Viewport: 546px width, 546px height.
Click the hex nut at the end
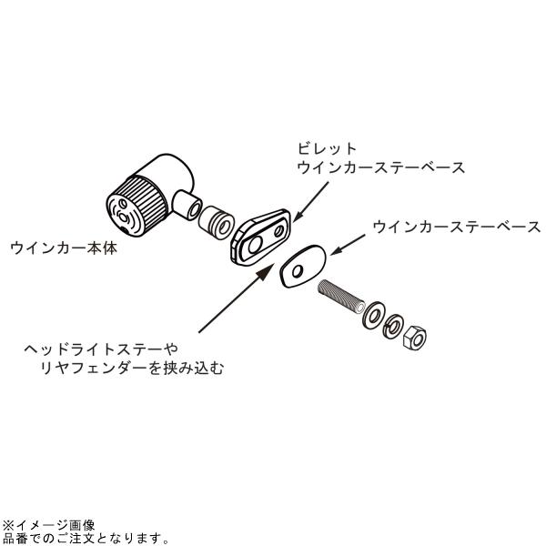[x=414, y=337]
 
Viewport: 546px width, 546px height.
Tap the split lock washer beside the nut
[x=393, y=326]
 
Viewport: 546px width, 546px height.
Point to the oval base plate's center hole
[x=298, y=271]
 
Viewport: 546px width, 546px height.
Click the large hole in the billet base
[x=255, y=245]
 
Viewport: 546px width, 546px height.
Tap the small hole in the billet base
[x=279, y=231]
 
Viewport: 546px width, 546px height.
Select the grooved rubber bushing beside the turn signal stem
[x=216, y=223]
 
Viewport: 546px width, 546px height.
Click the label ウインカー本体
[x=64, y=248]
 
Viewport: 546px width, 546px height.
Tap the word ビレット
[x=327, y=149]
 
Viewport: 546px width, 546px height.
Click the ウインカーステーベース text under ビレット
[x=381, y=167]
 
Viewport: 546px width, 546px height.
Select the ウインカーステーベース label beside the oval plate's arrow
[x=457, y=227]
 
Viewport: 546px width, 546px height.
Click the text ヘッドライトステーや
[x=101, y=349]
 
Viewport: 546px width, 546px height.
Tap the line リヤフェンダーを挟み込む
[x=132, y=368]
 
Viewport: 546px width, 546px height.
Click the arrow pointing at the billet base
[x=311, y=202]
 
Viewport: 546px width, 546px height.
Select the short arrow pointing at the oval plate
[x=348, y=245]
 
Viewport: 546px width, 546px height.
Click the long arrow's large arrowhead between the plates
[x=265, y=273]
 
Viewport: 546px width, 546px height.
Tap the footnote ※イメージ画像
[x=48, y=525]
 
